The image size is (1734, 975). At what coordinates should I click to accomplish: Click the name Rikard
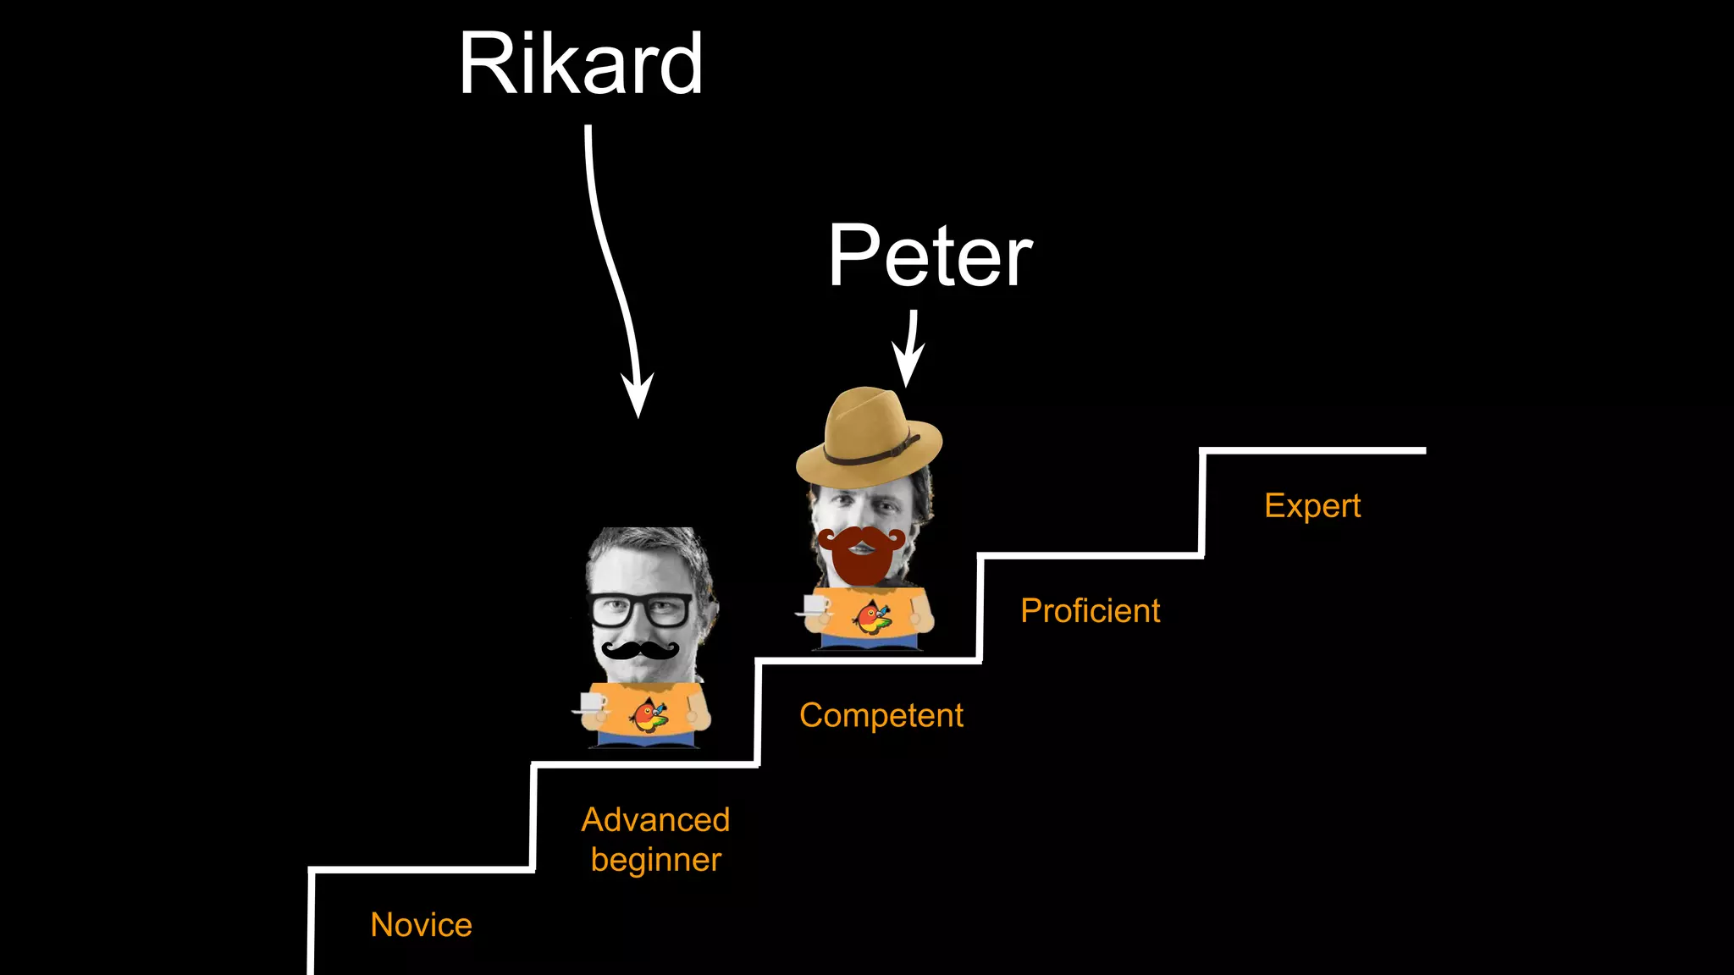click(x=581, y=64)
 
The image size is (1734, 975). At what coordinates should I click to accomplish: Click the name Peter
click(x=930, y=256)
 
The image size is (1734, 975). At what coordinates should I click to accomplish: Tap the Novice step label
click(x=421, y=925)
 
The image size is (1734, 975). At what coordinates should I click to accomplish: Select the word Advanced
click(x=655, y=819)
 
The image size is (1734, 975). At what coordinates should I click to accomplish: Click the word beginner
click(x=655, y=860)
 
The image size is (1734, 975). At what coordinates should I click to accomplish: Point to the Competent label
click(x=881, y=715)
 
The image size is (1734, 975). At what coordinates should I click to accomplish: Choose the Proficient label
click(x=1090, y=610)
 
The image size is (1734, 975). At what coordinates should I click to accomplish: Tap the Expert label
click(x=1312, y=505)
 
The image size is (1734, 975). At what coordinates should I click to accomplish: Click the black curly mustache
click(x=640, y=650)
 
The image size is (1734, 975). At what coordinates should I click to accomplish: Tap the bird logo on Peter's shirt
click(x=872, y=617)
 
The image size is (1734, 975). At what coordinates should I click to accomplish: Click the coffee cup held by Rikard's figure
click(x=590, y=703)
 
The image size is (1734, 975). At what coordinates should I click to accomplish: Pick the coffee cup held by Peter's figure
click(x=815, y=606)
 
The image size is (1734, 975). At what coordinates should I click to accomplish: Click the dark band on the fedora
click(x=872, y=453)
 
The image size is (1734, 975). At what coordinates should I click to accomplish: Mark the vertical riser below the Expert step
click(x=1202, y=504)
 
